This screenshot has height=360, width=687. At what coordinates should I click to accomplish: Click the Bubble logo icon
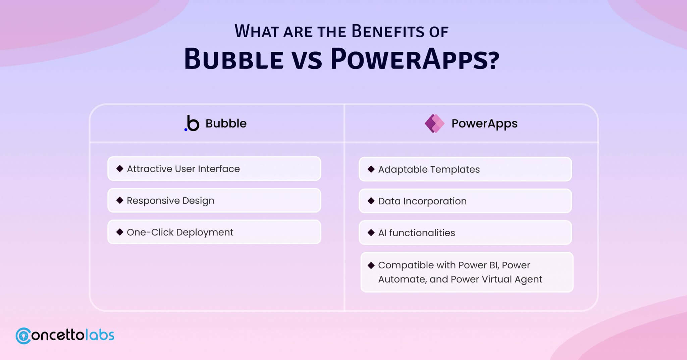click(192, 123)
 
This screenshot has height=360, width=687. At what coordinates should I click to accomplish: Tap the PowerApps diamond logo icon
click(434, 123)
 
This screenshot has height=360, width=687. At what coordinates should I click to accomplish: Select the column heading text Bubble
click(226, 123)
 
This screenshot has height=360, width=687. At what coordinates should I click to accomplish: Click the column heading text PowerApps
click(484, 124)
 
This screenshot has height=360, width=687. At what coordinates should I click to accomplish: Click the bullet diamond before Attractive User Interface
click(120, 168)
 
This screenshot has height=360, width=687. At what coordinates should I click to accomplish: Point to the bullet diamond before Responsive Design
click(120, 200)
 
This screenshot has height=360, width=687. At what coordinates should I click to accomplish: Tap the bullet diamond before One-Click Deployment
click(120, 232)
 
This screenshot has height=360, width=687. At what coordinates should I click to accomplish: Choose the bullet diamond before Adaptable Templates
click(371, 169)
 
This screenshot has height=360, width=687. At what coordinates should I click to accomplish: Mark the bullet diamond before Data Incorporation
click(371, 201)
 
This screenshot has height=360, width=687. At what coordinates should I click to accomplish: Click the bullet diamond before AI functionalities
click(371, 233)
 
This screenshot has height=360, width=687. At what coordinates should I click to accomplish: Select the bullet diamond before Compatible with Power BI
click(371, 265)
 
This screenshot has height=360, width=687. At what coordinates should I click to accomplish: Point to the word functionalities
click(422, 233)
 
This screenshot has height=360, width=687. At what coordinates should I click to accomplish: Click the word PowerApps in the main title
click(415, 59)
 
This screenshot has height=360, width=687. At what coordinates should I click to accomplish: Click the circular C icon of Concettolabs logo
click(23, 336)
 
